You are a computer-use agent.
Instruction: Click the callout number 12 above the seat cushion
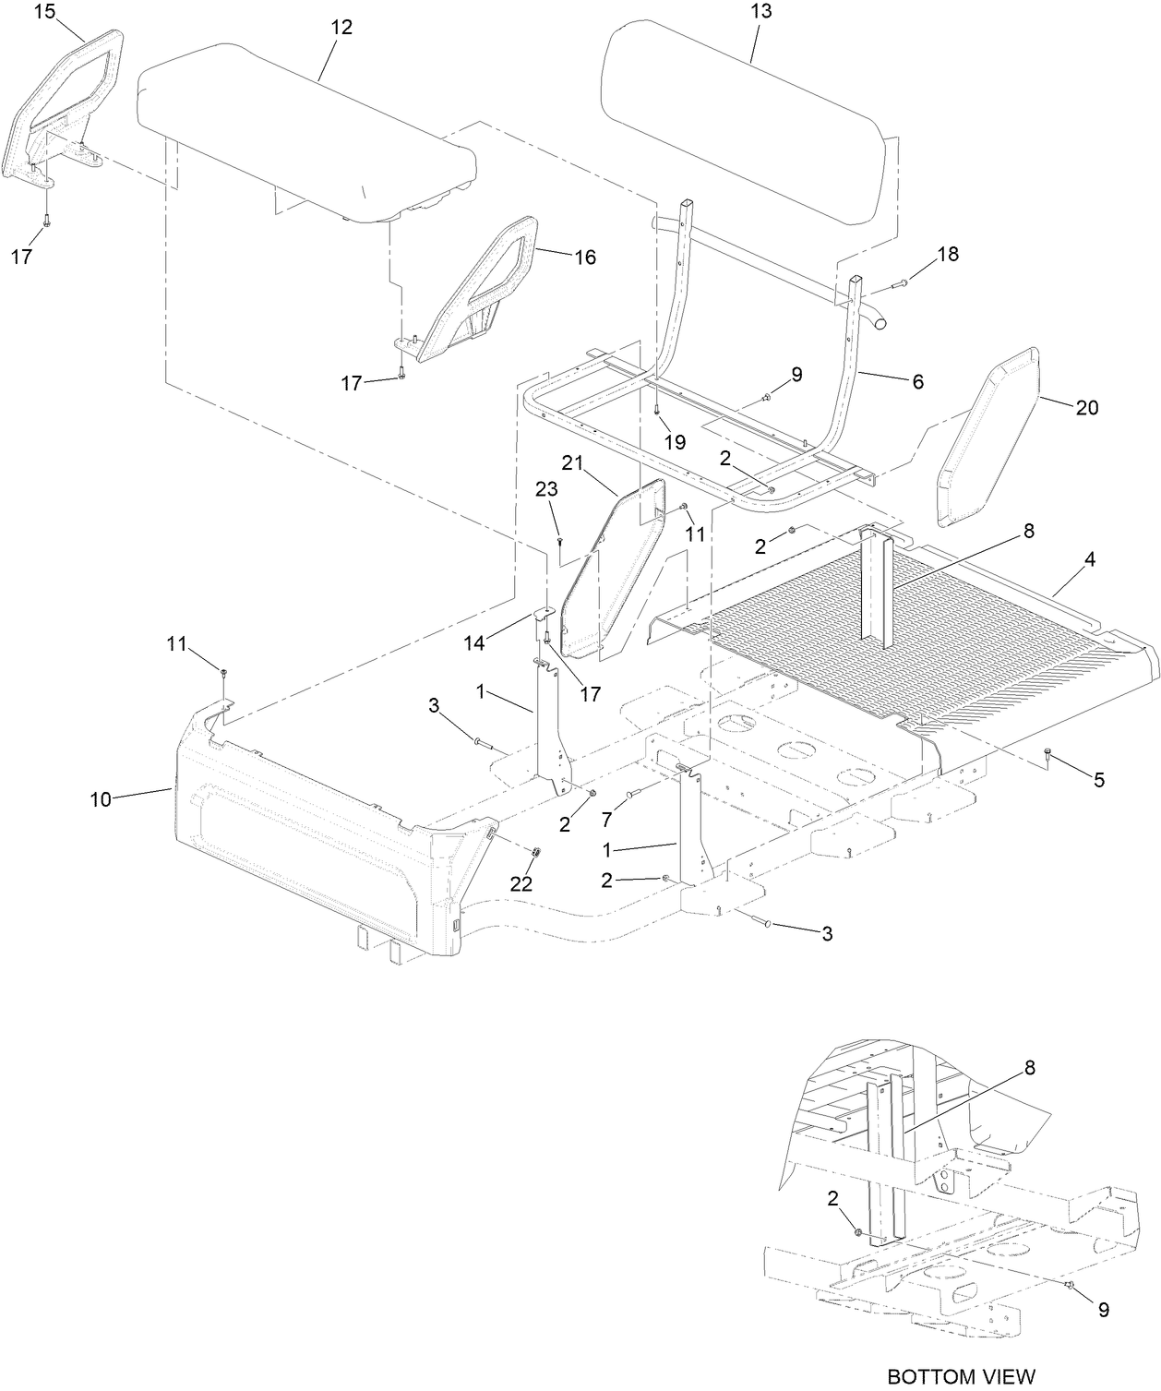[x=341, y=28]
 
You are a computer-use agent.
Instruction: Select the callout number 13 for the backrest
[x=762, y=12]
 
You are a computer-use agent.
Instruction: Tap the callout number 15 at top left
[x=46, y=12]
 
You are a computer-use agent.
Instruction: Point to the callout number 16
[x=585, y=258]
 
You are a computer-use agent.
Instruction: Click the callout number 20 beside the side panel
[x=1087, y=407]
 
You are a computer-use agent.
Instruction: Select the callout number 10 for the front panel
[x=101, y=799]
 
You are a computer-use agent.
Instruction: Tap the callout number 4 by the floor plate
[x=1090, y=559]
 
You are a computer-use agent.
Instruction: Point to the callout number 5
[x=1098, y=780]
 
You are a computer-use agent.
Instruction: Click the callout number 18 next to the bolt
[x=948, y=254]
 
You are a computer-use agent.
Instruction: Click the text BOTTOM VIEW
[x=961, y=1375]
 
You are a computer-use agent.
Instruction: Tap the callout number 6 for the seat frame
[x=917, y=381]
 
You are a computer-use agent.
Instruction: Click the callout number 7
[x=606, y=819]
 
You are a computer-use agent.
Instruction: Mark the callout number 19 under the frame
[x=675, y=442]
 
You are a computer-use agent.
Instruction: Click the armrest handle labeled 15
[x=69, y=102]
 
